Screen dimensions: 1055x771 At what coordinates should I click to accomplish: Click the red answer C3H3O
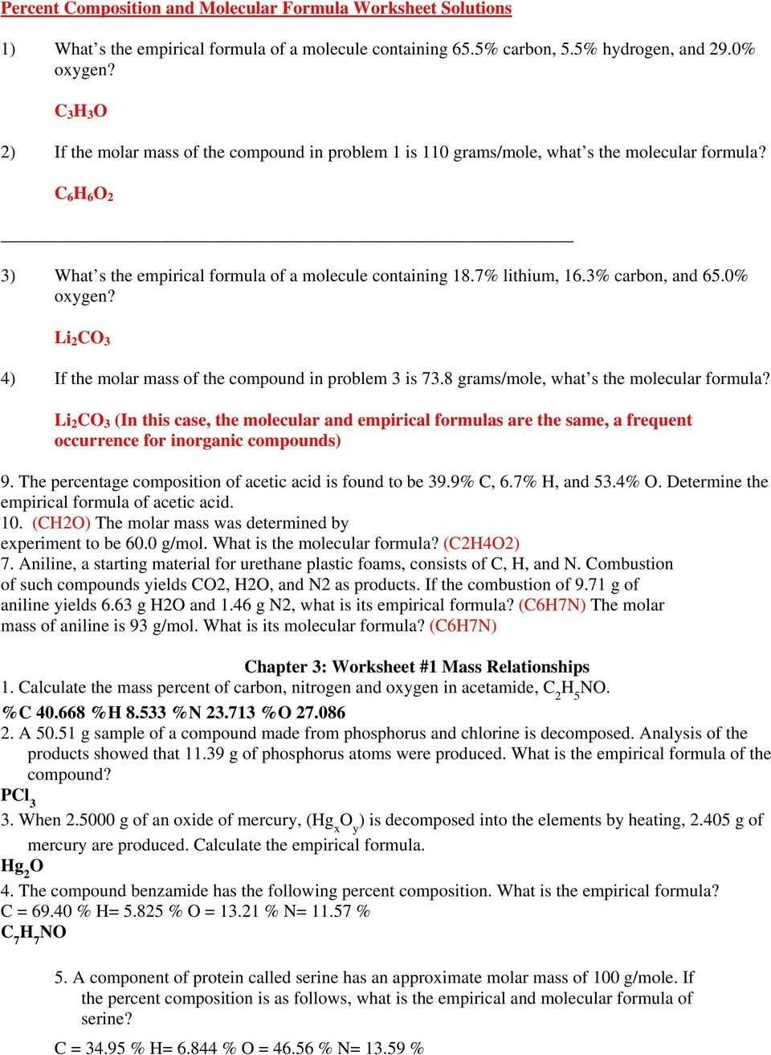pos(80,112)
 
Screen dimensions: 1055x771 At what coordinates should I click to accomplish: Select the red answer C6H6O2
pos(84,194)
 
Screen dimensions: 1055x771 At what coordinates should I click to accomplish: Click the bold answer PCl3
pos(18,796)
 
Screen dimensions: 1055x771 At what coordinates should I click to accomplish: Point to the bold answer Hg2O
pos(22,866)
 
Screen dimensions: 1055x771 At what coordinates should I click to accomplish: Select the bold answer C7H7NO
pos(34,933)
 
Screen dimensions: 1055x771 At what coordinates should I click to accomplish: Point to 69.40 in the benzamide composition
pos(43,912)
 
